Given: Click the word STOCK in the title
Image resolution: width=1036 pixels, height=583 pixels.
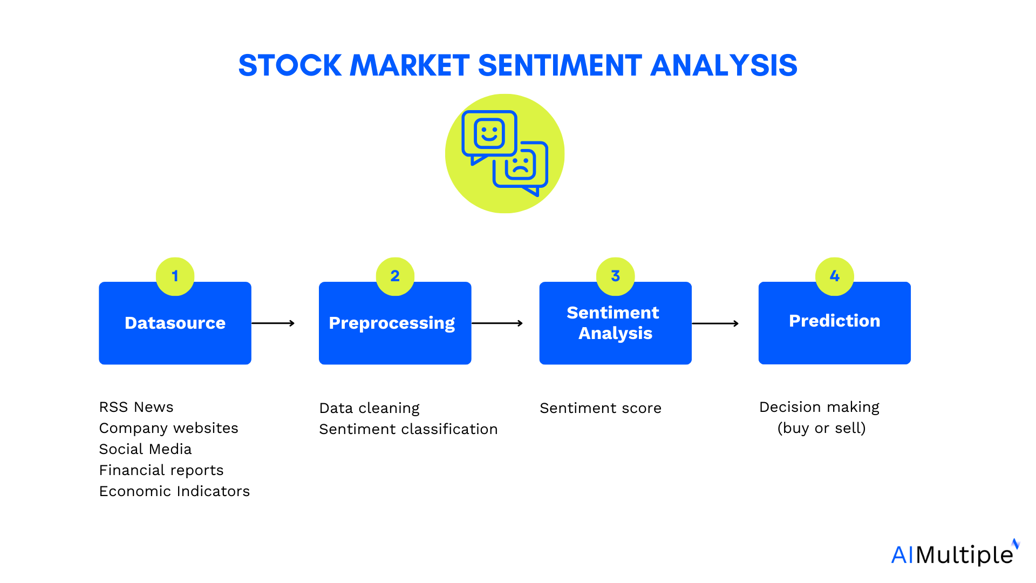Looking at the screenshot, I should pyautogui.click(x=290, y=66).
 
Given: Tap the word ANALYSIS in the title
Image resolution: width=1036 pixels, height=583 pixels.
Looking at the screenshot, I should pyautogui.click(x=724, y=66).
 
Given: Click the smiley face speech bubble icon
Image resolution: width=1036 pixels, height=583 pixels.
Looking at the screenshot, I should pyautogui.click(x=489, y=134).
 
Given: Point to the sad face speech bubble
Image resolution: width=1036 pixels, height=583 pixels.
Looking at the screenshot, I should pyautogui.click(x=521, y=166).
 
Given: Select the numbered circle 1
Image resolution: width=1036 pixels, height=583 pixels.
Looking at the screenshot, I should pyautogui.click(x=175, y=276).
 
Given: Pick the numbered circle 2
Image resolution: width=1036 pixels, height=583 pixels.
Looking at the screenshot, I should pyautogui.click(x=395, y=276).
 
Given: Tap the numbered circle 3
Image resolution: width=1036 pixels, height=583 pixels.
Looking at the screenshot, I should pyautogui.click(x=615, y=276).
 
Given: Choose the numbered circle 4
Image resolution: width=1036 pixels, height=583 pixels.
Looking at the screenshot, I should pyautogui.click(x=834, y=276).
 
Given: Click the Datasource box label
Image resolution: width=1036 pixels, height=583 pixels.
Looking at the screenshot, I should pyautogui.click(x=175, y=323).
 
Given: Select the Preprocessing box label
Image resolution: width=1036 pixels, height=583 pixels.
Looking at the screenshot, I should pyautogui.click(x=392, y=323).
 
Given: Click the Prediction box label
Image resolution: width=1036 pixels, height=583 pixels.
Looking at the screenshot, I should pyautogui.click(x=834, y=321).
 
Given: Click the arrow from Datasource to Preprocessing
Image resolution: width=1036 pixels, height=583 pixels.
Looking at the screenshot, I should pyautogui.click(x=273, y=323).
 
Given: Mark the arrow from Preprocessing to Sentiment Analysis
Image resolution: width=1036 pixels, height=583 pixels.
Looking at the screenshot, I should pyautogui.click(x=497, y=323).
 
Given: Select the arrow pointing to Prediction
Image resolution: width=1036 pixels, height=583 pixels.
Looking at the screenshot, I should pyautogui.click(x=715, y=324).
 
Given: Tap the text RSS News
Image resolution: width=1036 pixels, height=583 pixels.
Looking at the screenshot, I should pyautogui.click(x=137, y=407).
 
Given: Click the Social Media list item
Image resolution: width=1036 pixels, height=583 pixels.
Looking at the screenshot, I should pyautogui.click(x=145, y=449).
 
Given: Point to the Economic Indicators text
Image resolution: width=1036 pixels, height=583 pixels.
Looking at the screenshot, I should pyautogui.click(x=174, y=491).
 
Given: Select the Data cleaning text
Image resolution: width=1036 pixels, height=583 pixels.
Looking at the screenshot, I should pyautogui.click(x=369, y=408).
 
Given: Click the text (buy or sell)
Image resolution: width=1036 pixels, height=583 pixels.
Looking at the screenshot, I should pyautogui.click(x=821, y=428).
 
